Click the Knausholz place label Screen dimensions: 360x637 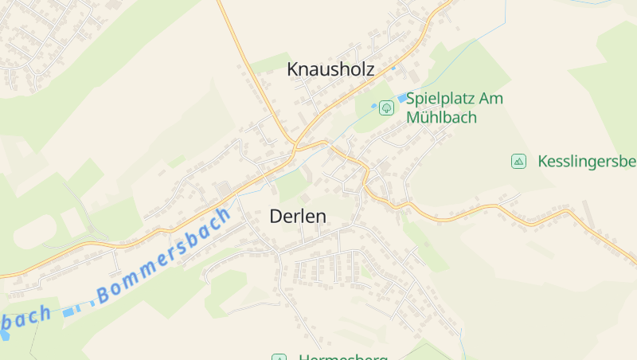330,69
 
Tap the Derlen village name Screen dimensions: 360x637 298,216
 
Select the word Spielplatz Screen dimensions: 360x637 442,99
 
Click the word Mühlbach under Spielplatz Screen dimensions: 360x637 441,117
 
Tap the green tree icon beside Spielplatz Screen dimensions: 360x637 386,107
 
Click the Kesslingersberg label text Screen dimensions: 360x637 587,162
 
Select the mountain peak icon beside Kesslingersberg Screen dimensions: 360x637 519,162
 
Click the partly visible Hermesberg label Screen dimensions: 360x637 342,357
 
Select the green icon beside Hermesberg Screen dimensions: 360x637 279,357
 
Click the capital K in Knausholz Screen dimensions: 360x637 292,69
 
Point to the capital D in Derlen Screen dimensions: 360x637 276,216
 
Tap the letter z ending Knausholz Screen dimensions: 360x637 369,70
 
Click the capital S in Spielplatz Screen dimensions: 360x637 412,99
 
